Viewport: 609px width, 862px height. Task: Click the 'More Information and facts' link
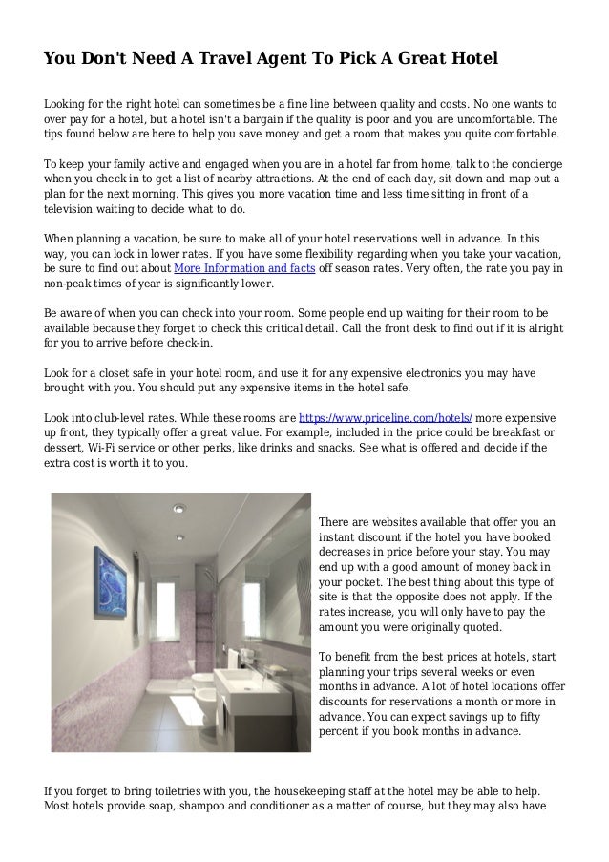(244, 268)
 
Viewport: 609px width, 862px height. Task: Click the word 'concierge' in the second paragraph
(530, 163)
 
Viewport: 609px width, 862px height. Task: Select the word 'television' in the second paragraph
(73, 209)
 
